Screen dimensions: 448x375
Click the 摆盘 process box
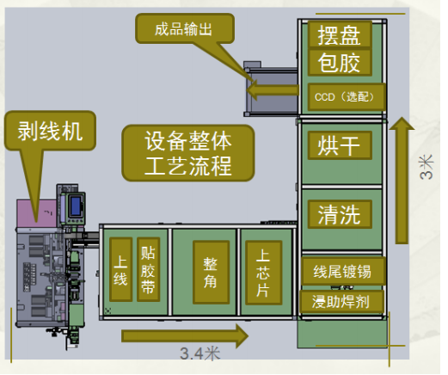(x=340, y=35)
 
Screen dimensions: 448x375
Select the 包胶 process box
(x=340, y=63)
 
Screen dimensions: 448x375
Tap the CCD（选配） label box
(x=347, y=96)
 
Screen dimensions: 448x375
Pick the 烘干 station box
(x=340, y=145)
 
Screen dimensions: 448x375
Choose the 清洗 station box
(x=340, y=214)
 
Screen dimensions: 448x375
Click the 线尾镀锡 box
(x=343, y=271)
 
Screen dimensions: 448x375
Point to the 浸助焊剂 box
(x=341, y=302)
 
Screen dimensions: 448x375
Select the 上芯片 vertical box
(x=264, y=273)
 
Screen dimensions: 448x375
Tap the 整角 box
(x=211, y=273)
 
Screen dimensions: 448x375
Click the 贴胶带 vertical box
(x=148, y=269)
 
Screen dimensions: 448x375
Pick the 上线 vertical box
(x=121, y=269)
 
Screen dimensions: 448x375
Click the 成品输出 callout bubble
(x=185, y=28)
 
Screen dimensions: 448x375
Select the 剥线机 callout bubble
(x=50, y=131)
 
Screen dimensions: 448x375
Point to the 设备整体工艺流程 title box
(x=188, y=153)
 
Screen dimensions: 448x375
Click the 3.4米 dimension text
(x=200, y=353)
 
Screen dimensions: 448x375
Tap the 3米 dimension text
(x=427, y=167)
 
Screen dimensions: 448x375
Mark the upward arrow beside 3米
(x=402, y=181)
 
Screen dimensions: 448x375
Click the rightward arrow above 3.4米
(x=185, y=335)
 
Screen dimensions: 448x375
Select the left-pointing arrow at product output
(x=273, y=89)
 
